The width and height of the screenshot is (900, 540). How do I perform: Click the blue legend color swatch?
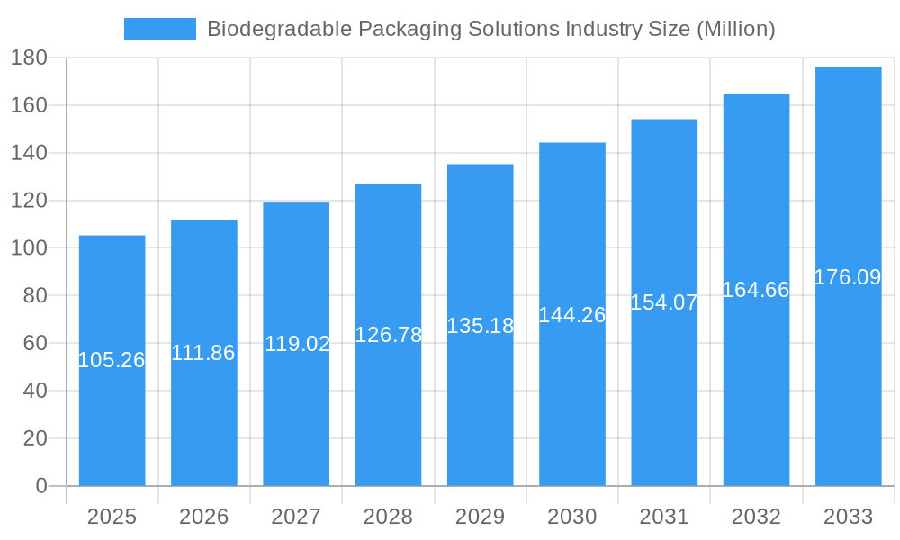[159, 29]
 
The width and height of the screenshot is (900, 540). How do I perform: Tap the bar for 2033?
[848, 378]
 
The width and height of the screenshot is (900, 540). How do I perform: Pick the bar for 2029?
[480, 405]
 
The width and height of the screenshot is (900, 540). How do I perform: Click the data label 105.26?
[112, 360]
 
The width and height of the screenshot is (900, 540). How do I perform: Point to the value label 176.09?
[848, 277]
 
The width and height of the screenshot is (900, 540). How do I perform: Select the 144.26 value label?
[571, 315]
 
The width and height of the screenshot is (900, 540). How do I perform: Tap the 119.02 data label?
[297, 344]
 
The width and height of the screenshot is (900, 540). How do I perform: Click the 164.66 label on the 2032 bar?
[756, 290]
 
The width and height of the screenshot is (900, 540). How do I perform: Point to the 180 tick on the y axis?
[29, 58]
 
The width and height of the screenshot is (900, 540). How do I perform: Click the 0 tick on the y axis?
[40, 486]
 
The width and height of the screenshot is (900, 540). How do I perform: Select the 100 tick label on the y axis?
[29, 247]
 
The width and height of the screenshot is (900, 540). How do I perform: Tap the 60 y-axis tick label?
[34, 343]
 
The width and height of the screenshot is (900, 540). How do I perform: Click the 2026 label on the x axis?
[203, 517]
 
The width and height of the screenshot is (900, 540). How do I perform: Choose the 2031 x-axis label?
[664, 517]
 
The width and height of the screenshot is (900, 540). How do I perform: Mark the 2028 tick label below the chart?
[388, 517]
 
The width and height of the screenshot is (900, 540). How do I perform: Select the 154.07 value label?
[664, 302]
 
